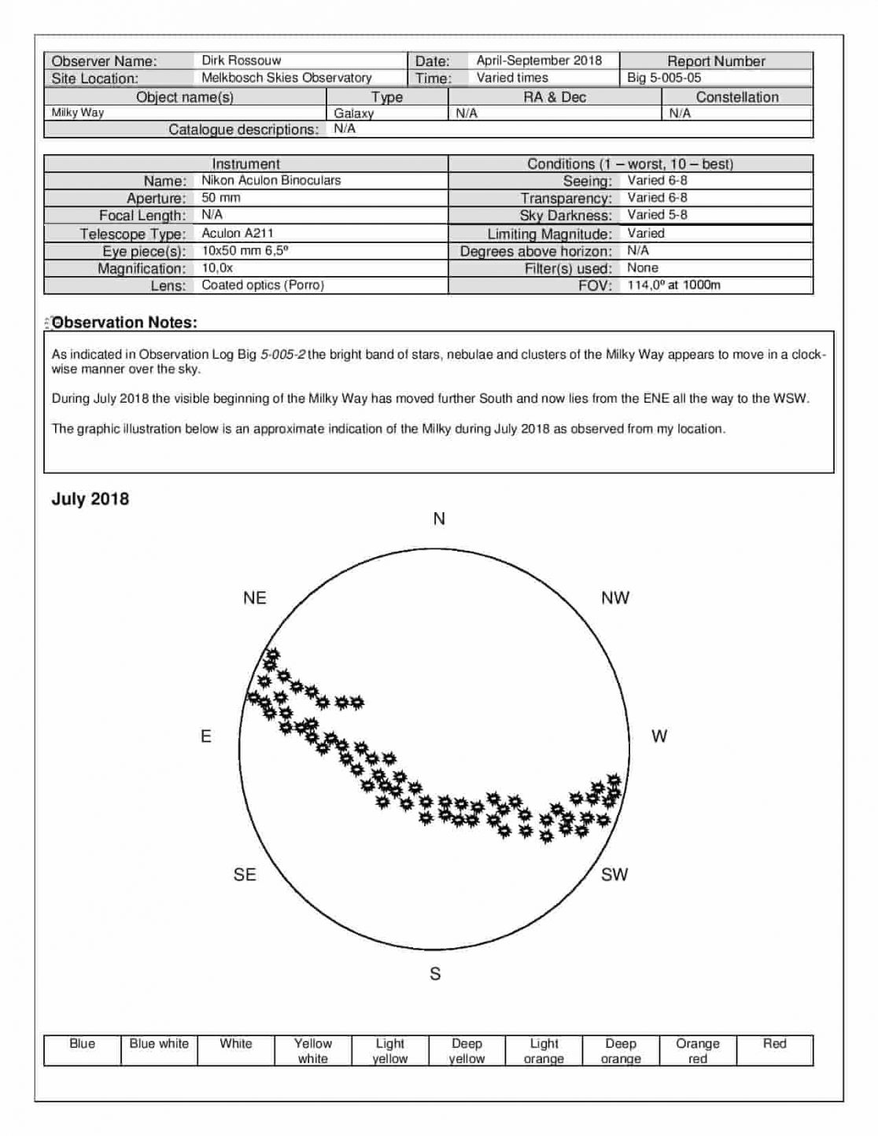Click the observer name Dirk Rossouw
coord(241,61)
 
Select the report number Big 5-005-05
coord(664,78)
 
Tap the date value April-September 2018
coord(539,61)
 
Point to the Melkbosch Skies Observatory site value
coord(286,78)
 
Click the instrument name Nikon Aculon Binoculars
coord(271,180)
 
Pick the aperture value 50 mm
coord(221,197)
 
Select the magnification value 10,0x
coord(217,267)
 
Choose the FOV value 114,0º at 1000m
coord(673,285)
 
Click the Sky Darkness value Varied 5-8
coord(657,215)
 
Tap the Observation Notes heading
coord(124,323)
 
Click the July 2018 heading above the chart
coord(90,499)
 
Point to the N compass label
coord(439,518)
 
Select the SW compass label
coord(614,875)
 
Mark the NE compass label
coord(255,598)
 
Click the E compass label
coord(206,736)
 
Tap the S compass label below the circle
coord(435,974)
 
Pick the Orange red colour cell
coord(697,1050)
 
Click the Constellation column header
coord(736,97)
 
